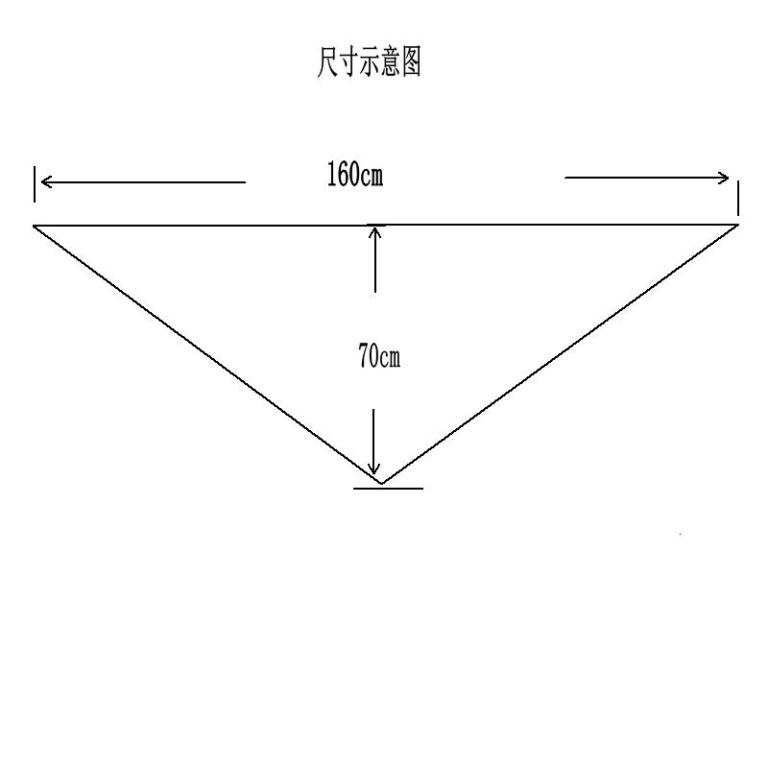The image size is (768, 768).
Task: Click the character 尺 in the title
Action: click(326, 63)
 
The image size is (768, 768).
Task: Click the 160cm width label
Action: click(354, 175)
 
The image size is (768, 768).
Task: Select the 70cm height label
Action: click(378, 357)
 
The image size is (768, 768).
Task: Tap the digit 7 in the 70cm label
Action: click(364, 357)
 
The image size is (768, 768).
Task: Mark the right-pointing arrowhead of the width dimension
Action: click(724, 177)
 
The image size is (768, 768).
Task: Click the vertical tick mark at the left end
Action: click(35, 184)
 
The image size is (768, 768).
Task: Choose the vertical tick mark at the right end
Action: click(737, 202)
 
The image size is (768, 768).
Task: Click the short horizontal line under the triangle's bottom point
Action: click(388, 489)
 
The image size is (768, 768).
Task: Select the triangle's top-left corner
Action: click(36, 226)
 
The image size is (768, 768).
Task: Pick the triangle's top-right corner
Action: click(737, 225)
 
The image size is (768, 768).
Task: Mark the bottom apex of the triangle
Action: click(381, 482)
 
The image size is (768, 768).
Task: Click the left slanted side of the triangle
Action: click(206, 353)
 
